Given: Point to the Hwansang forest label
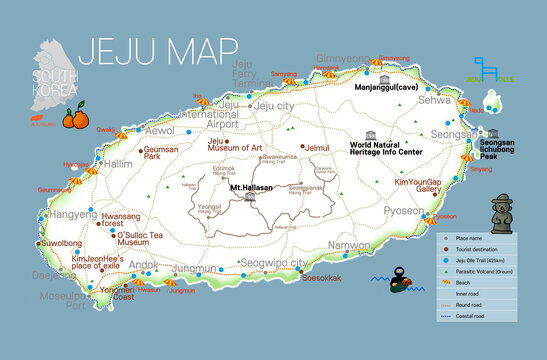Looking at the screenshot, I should [x=120, y=220].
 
